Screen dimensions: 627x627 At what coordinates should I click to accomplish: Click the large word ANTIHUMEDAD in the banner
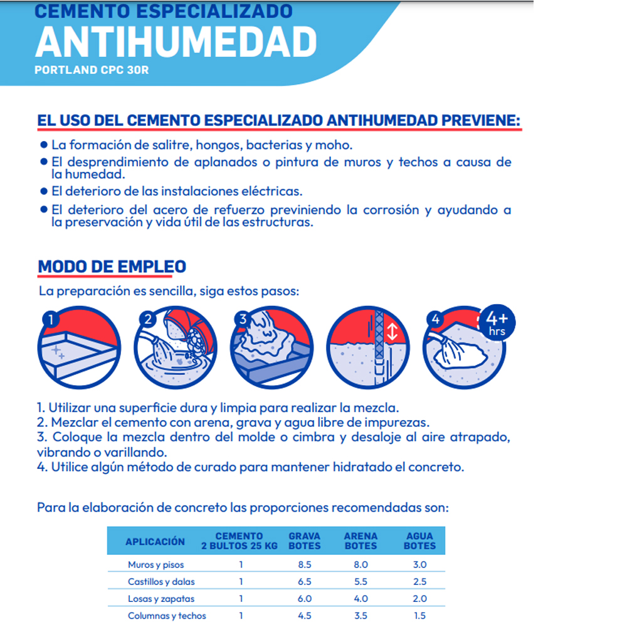click(176, 42)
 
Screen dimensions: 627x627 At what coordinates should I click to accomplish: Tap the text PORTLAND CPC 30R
click(92, 70)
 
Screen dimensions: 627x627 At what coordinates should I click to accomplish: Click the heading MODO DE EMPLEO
click(112, 266)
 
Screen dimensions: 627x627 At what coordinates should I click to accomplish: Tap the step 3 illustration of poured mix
click(272, 350)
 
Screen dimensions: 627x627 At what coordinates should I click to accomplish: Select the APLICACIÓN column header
click(155, 541)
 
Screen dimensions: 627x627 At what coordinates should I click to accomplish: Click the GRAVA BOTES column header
click(305, 541)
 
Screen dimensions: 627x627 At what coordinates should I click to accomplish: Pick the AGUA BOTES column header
click(419, 541)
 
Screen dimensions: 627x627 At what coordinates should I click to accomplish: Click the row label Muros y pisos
click(155, 565)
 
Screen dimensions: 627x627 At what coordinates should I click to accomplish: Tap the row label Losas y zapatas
click(161, 599)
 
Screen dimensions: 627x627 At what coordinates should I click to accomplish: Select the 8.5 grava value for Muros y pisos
click(305, 565)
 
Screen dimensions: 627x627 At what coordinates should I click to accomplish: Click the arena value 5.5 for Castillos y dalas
click(361, 582)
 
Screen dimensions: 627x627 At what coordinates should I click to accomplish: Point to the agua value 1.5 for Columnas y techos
click(419, 616)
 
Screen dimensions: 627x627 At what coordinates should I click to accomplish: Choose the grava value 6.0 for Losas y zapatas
click(305, 599)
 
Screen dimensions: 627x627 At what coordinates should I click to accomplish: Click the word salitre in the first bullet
click(173, 145)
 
